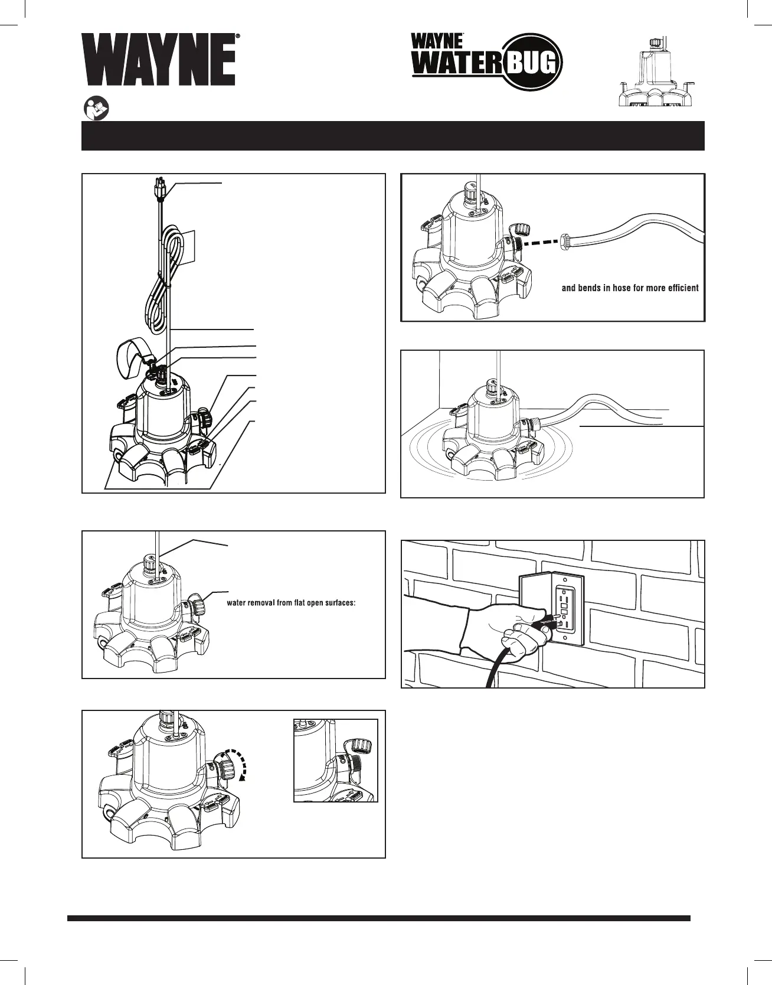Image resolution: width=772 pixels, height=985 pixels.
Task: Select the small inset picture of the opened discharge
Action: click(335, 760)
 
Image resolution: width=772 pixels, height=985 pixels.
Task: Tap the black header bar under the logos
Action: click(392, 136)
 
